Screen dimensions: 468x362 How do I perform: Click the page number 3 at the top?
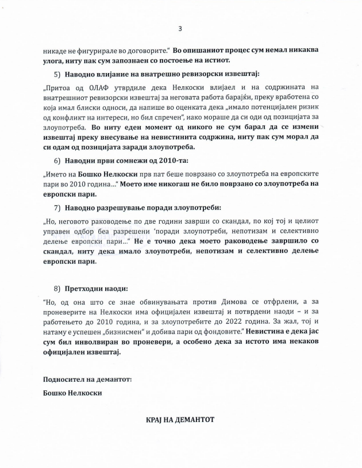(x=180, y=29)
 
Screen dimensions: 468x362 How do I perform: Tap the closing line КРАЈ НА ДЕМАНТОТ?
(x=180, y=420)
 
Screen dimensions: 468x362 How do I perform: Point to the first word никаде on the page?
(x=56, y=49)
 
